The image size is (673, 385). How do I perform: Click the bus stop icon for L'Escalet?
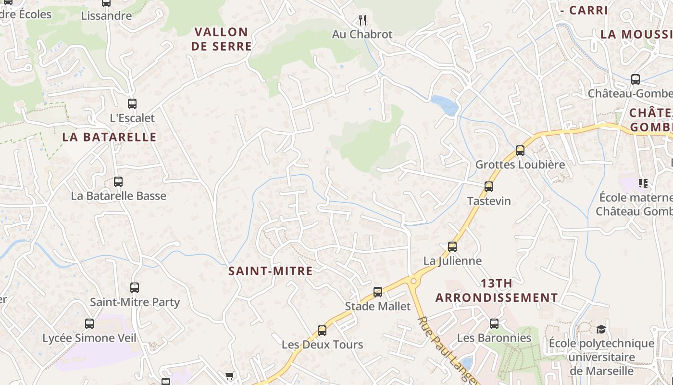tap(132, 103)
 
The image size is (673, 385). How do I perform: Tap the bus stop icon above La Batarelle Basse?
tap(118, 181)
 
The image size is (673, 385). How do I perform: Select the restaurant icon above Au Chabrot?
tap(363, 20)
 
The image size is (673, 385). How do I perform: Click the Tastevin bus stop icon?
tap(489, 186)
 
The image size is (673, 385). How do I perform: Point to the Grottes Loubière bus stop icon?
tap(520, 150)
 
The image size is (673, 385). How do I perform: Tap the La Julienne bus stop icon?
tap(452, 246)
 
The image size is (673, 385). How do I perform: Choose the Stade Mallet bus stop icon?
tap(378, 292)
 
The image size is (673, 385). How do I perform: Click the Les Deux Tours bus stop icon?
tap(322, 330)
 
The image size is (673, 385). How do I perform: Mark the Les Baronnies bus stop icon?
tap(494, 323)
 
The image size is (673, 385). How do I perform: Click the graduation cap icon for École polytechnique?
tap(601, 329)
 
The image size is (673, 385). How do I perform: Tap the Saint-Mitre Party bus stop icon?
tap(135, 287)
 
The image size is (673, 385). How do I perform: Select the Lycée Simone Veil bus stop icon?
tap(89, 323)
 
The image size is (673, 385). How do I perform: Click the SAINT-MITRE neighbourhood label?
tap(271, 271)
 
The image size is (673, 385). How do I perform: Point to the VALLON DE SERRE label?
tap(222, 39)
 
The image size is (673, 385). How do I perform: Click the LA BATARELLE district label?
tap(110, 137)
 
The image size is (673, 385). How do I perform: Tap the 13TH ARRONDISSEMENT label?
tap(497, 291)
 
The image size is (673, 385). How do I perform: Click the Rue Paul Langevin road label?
tap(445, 349)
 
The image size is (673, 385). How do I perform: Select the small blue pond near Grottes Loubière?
tap(445, 105)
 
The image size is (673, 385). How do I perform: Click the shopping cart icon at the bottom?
tap(230, 375)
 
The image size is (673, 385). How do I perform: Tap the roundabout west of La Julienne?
tap(413, 281)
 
